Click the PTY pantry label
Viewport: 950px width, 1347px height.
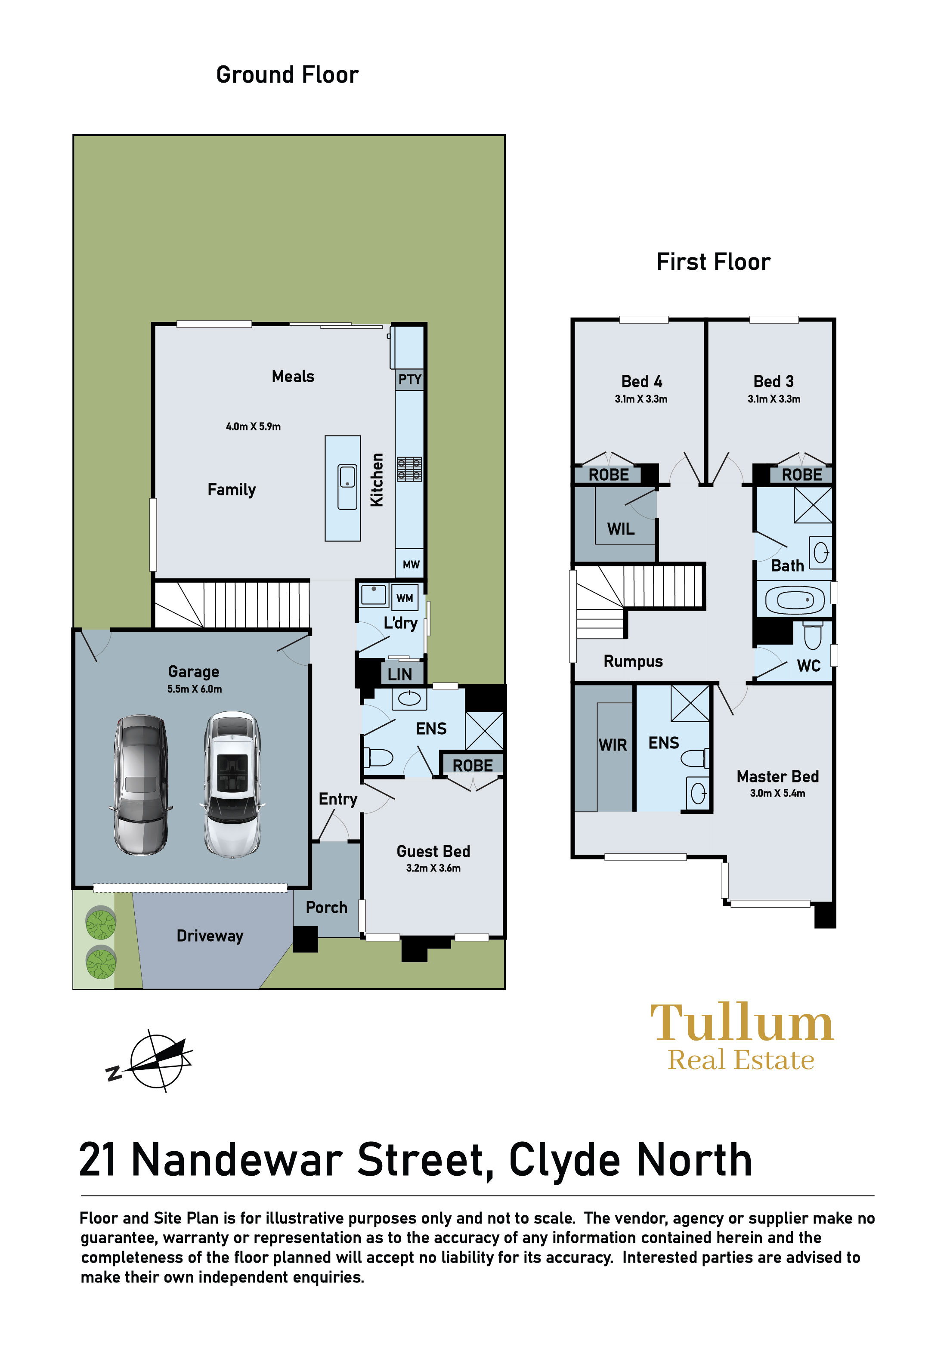coord(410,379)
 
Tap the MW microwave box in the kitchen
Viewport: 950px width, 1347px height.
coord(410,564)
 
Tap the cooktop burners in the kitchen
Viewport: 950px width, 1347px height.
coord(409,469)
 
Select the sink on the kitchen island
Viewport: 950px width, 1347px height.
coord(347,486)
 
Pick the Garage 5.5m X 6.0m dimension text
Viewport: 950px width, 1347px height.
coord(194,689)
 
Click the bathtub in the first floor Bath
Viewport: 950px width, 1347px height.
coord(795,600)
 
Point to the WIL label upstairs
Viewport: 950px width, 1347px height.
coord(620,529)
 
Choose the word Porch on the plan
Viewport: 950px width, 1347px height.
coord(326,907)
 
